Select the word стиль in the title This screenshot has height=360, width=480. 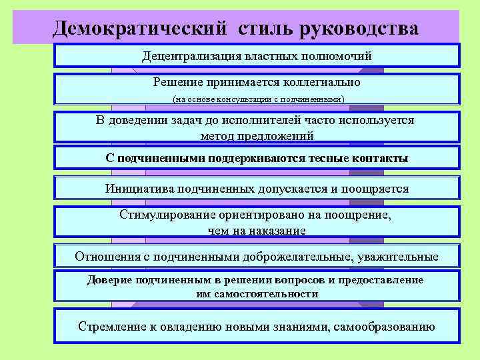[x=258, y=29]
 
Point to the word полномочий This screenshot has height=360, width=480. [x=337, y=55]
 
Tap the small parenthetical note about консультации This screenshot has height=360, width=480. [x=257, y=99]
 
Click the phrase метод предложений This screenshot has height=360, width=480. [x=257, y=135]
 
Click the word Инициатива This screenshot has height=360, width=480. [x=137, y=188]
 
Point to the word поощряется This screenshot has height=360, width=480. [x=375, y=188]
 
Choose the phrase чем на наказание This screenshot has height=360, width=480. [x=257, y=230]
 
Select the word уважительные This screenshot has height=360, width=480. [x=401, y=256]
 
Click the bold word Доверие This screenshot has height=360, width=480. [x=109, y=279]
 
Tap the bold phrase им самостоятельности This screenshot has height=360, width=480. [x=257, y=293]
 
